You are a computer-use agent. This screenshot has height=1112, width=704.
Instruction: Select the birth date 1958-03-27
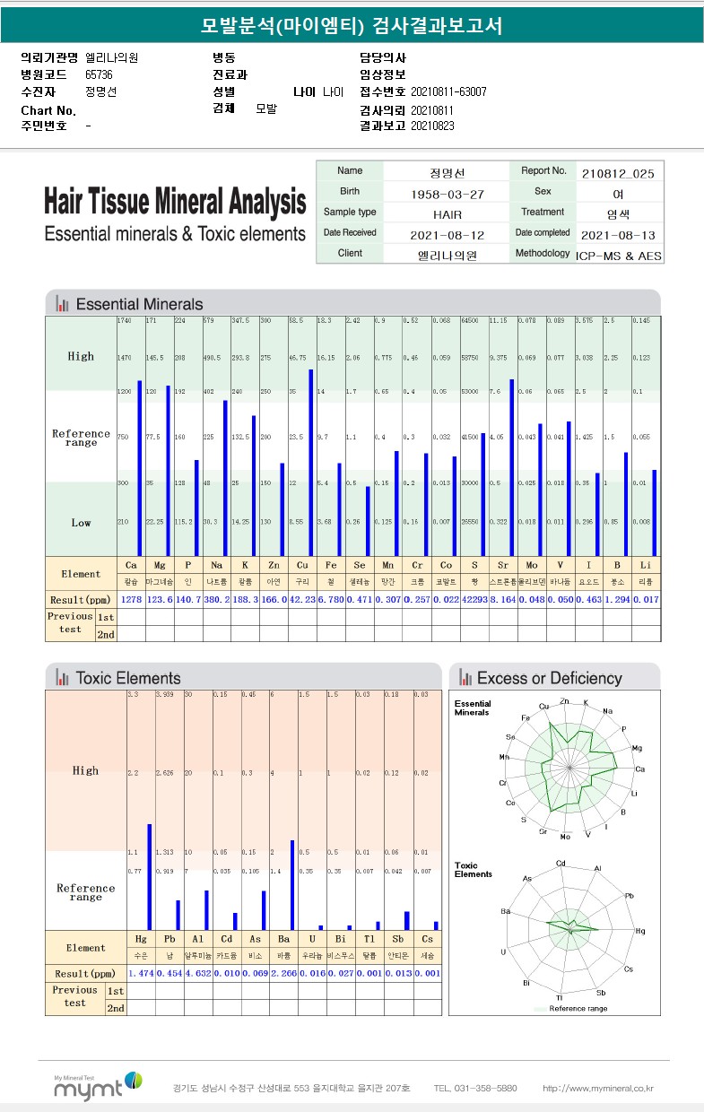(447, 195)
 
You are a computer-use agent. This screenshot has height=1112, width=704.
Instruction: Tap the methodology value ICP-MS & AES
(618, 256)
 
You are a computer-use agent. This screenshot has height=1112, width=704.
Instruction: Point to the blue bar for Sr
(511, 467)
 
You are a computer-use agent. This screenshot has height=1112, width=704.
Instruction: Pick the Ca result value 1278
(131, 599)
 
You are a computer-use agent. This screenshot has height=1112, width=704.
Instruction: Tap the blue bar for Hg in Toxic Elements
(150, 877)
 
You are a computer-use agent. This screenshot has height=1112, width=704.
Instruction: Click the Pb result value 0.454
(169, 973)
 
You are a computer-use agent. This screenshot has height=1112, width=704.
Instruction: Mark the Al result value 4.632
(197, 973)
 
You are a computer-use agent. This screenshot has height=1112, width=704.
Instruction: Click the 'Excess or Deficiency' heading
(549, 678)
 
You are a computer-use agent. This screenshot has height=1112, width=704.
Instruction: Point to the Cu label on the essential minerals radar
(544, 707)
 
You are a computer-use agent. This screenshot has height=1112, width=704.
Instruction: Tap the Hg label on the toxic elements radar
(640, 932)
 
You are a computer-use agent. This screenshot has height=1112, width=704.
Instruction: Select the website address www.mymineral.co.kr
(597, 1089)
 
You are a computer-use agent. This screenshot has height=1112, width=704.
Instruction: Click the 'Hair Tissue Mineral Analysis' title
(175, 201)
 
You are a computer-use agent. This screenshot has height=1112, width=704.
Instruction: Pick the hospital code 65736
(100, 74)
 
